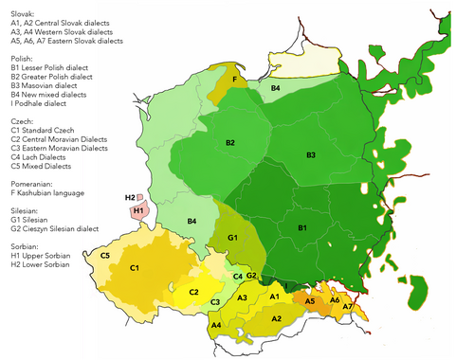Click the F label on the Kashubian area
click(x=234, y=80)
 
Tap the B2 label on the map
click(x=230, y=142)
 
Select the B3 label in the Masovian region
click(x=311, y=154)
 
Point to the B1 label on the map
click(x=301, y=228)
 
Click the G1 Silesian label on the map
click(x=231, y=236)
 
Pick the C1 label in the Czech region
click(x=136, y=268)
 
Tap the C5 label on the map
click(x=105, y=255)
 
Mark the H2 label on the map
click(x=130, y=197)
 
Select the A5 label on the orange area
click(x=309, y=300)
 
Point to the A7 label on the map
click(x=347, y=307)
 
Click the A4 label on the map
click(x=216, y=325)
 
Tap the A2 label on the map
click(x=277, y=318)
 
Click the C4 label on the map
click(x=238, y=276)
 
